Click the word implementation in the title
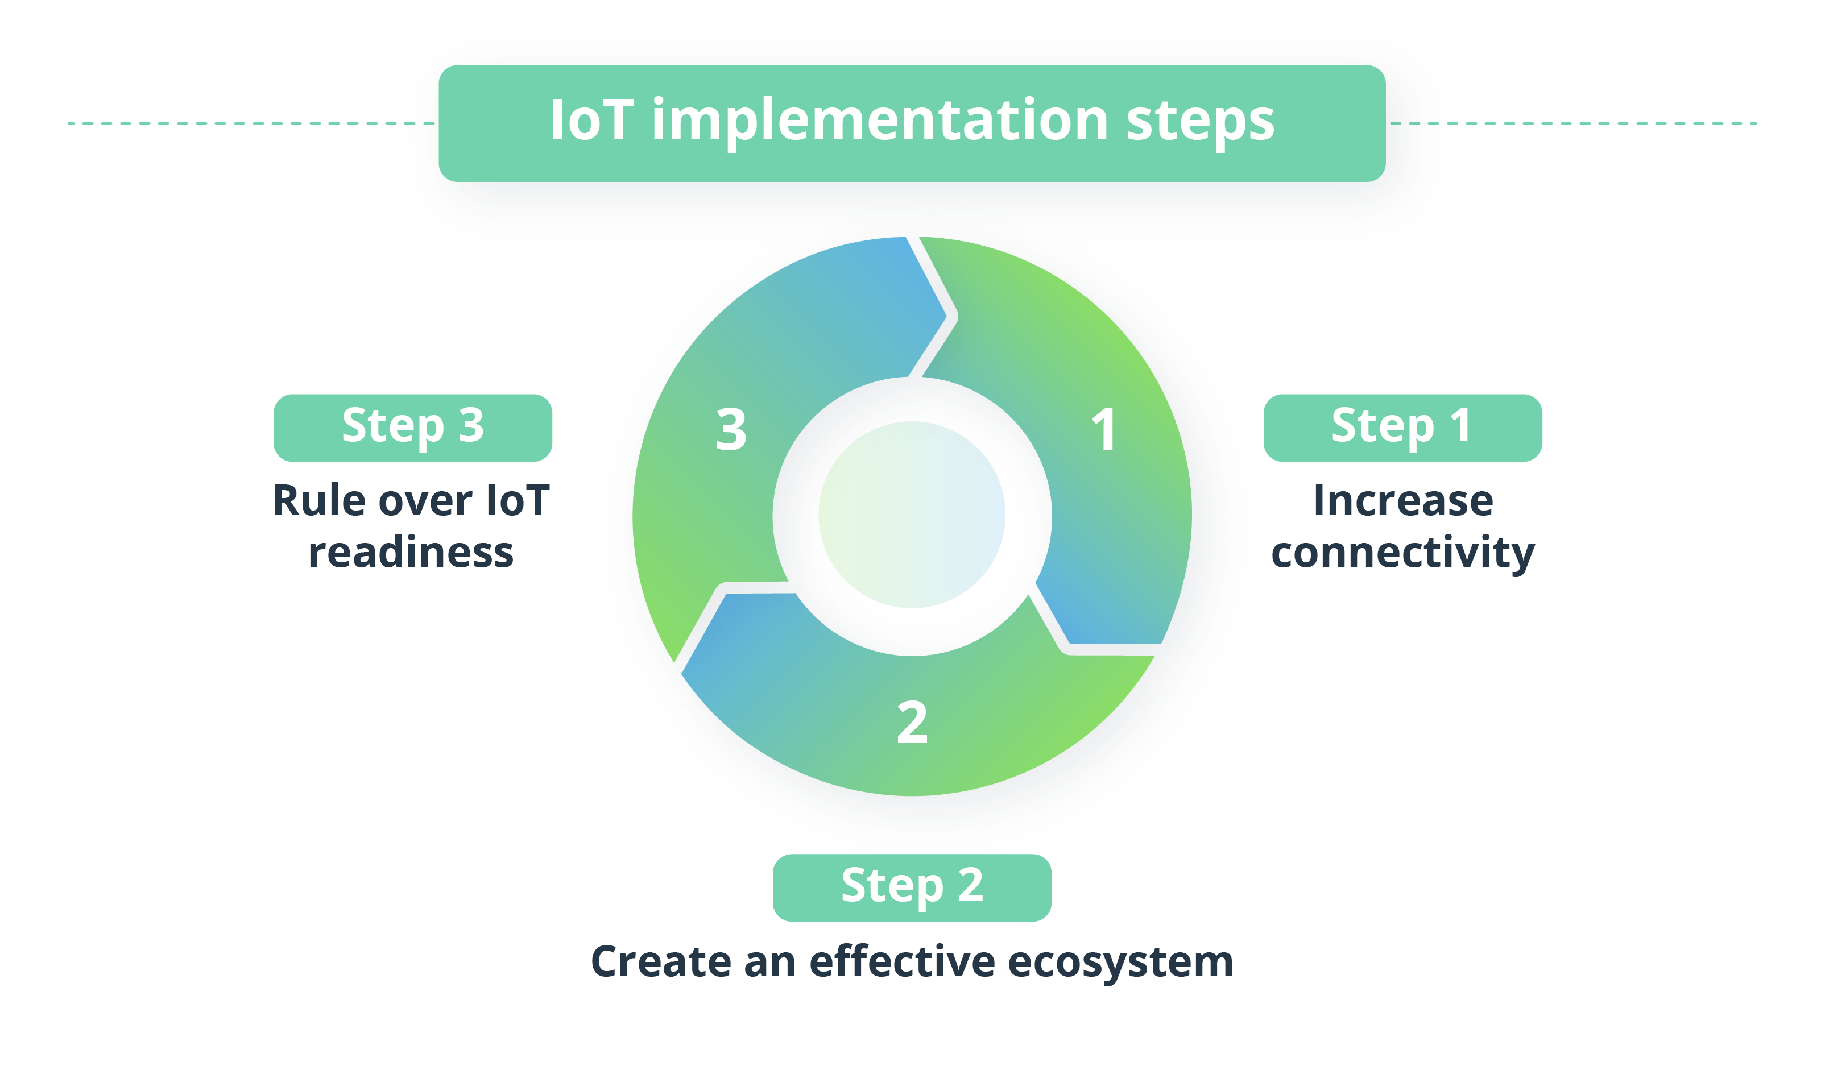tap(880, 122)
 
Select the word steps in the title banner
tap(1200, 122)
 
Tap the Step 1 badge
tap(1403, 428)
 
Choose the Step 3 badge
tap(413, 428)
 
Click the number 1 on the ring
tap(1104, 430)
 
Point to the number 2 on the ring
tap(912, 723)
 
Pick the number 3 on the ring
tap(731, 430)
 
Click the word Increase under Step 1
tap(1403, 500)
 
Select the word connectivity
tap(1403, 553)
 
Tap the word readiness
tap(411, 553)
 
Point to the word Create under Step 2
tap(661, 962)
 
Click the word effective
tap(901, 962)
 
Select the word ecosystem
tap(1120, 963)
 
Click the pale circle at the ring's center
tap(912, 515)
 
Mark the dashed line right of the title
tap(1573, 123)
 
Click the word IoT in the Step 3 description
tap(518, 500)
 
